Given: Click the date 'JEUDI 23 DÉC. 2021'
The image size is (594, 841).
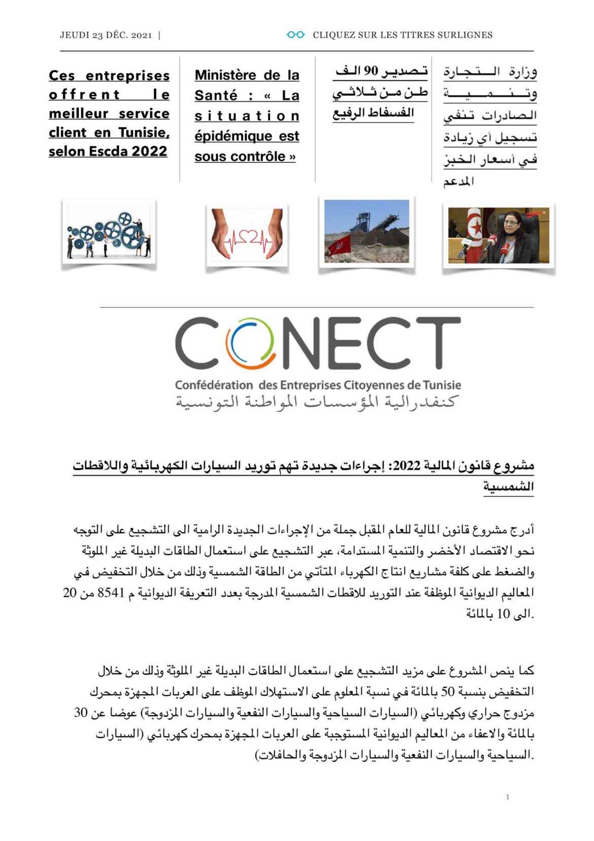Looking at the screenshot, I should pyautogui.click(x=106, y=35).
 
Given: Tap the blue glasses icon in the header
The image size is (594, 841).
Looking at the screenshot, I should pyautogui.click(x=295, y=35).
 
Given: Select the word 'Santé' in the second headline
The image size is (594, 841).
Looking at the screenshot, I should pyautogui.click(x=216, y=95).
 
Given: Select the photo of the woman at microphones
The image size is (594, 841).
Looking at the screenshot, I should pyautogui.click(x=498, y=235).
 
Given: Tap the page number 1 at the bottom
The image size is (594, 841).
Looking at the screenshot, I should pyautogui.click(x=507, y=797).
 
